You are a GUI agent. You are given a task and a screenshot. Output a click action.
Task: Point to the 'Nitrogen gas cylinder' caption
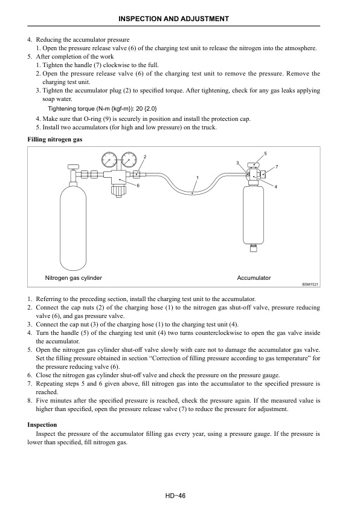point(74,277)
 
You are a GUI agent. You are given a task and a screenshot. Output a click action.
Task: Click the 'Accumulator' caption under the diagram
point(254,277)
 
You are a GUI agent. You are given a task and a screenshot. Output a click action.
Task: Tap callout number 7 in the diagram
point(276,166)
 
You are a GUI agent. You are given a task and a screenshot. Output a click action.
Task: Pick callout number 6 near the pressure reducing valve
point(138,186)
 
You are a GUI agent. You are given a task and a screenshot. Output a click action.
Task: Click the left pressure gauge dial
point(110,160)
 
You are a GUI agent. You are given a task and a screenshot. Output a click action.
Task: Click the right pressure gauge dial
point(128,160)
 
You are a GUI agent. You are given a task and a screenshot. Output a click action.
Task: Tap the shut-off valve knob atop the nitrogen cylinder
point(72,165)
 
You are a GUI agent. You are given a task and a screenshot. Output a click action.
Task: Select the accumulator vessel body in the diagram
point(254,215)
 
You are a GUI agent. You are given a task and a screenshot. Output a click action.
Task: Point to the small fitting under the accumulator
point(254,246)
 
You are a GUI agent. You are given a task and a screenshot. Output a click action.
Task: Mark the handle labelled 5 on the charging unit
point(256,165)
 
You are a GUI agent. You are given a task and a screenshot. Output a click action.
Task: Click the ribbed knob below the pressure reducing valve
point(117,192)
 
